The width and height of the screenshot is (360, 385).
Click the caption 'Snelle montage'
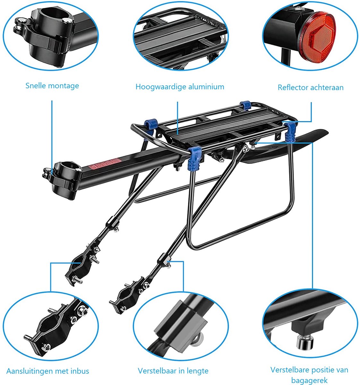pyautogui.click(x=52, y=86)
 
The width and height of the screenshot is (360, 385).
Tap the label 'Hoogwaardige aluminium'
pyautogui.click(x=180, y=87)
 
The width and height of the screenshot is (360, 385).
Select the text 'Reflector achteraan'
pyautogui.click(x=311, y=88)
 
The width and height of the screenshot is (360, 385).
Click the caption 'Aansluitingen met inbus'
pyautogui.click(x=48, y=371)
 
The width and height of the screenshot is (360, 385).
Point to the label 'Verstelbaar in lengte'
pyautogui.click(x=173, y=371)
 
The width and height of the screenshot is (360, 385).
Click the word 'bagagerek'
pyautogui.click(x=309, y=380)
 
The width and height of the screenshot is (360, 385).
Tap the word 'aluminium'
pyautogui.click(x=206, y=86)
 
